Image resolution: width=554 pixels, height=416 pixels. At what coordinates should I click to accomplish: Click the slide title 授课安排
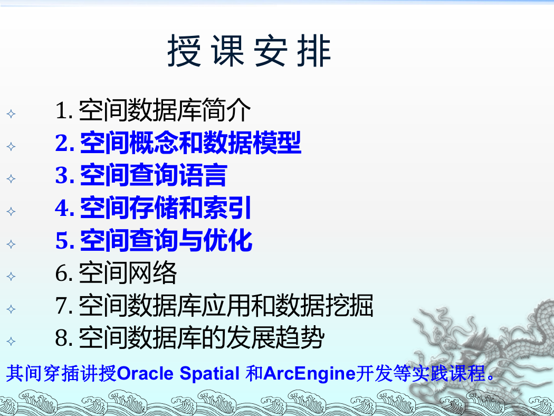click(249, 51)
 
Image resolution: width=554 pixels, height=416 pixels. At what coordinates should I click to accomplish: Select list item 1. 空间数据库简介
click(153, 110)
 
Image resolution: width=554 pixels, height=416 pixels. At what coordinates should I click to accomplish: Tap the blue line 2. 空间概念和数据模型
click(178, 143)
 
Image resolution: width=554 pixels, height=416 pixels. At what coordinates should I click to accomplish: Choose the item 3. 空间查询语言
click(141, 175)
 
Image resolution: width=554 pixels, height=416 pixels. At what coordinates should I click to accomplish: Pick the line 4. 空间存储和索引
click(153, 208)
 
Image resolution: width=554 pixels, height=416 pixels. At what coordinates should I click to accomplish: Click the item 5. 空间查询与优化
click(154, 240)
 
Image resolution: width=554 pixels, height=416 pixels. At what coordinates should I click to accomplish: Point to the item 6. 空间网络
click(116, 273)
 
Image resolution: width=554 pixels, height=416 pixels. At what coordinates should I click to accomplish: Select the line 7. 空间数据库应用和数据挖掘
click(214, 305)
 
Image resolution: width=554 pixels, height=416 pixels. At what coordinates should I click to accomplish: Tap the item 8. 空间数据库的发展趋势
click(190, 337)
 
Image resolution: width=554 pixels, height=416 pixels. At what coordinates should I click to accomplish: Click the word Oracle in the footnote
click(145, 374)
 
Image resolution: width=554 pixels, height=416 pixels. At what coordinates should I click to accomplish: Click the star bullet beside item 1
click(11, 114)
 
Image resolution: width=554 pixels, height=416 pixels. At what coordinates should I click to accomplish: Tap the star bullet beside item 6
click(11, 277)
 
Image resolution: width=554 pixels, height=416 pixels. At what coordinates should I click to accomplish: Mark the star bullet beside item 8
click(11, 342)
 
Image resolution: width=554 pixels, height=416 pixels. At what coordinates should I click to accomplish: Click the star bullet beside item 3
click(11, 179)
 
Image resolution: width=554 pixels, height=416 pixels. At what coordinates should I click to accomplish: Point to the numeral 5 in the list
click(62, 241)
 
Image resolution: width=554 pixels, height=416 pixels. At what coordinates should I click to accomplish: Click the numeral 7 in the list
click(62, 306)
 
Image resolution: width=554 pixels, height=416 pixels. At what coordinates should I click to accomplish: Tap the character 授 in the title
click(184, 51)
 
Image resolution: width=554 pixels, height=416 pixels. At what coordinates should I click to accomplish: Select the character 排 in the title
click(314, 51)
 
